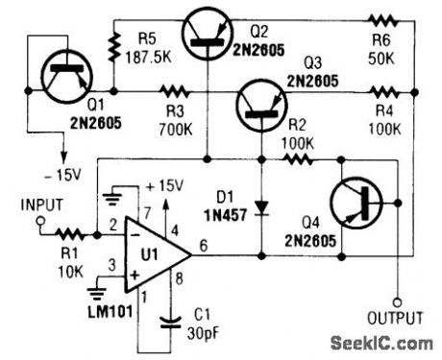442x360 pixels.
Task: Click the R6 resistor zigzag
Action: pyautogui.click(x=384, y=21)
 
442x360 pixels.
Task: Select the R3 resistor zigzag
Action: pyautogui.click(x=174, y=93)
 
